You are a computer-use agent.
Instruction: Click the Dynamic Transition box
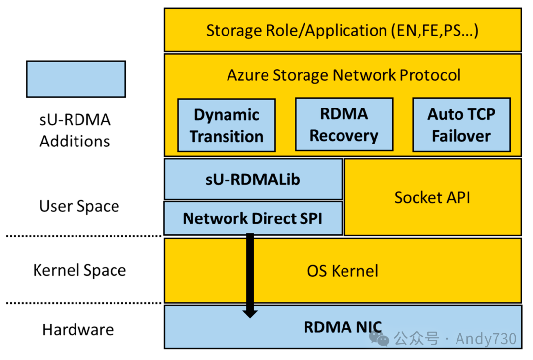click(226, 125)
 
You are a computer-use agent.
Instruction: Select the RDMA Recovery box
click(344, 124)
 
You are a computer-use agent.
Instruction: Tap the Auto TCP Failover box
click(461, 124)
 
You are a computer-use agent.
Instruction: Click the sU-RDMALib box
click(253, 179)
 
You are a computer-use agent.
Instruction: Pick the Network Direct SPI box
click(253, 218)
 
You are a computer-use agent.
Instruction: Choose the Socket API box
click(432, 197)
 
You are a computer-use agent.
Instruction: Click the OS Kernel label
click(343, 271)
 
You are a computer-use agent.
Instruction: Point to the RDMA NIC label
click(343, 327)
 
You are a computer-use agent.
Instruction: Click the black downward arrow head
click(250, 312)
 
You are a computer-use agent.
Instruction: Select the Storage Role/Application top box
click(343, 30)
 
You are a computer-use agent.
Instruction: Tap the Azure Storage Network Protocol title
click(343, 75)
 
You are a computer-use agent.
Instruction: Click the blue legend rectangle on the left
click(76, 79)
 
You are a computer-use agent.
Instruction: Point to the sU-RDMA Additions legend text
click(75, 131)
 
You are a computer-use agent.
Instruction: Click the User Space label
click(79, 206)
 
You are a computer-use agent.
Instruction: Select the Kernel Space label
click(79, 270)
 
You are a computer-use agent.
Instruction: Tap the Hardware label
click(78, 329)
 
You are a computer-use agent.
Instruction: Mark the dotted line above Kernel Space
click(84, 236)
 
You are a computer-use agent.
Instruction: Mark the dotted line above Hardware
click(84, 303)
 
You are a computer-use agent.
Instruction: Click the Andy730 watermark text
click(486, 339)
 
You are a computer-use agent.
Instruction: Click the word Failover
click(461, 136)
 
